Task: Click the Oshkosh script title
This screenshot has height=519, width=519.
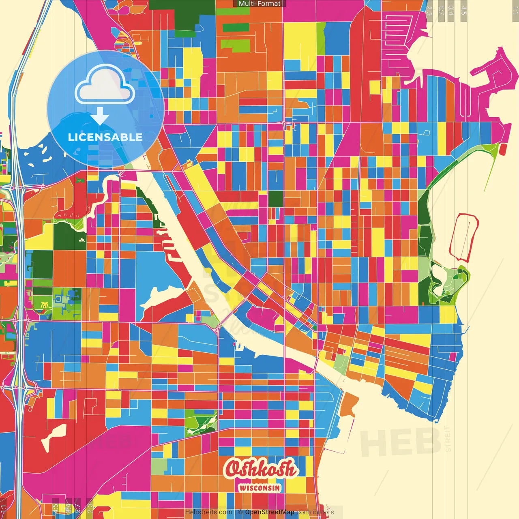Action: (x=260, y=469)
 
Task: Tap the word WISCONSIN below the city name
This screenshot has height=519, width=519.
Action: (x=259, y=488)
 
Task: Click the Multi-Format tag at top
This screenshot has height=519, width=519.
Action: (x=259, y=4)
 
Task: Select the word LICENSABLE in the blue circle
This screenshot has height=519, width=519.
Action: (x=105, y=137)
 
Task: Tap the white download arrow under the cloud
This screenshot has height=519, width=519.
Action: (x=100, y=117)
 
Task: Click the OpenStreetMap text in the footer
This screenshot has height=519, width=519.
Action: (x=269, y=512)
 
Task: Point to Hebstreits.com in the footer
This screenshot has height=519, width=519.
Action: (x=208, y=512)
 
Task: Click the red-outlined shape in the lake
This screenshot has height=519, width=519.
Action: (x=463, y=236)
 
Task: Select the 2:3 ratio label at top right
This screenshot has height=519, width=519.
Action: (x=429, y=10)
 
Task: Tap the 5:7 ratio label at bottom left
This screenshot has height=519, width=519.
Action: (x=78, y=508)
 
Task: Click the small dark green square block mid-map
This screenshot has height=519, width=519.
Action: (x=276, y=199)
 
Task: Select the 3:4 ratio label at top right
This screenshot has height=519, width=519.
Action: (x=451, y=10)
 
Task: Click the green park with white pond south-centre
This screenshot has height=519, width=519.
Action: (x=201, y=422)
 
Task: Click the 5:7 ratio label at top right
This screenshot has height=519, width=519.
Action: (x=441, y=10)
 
